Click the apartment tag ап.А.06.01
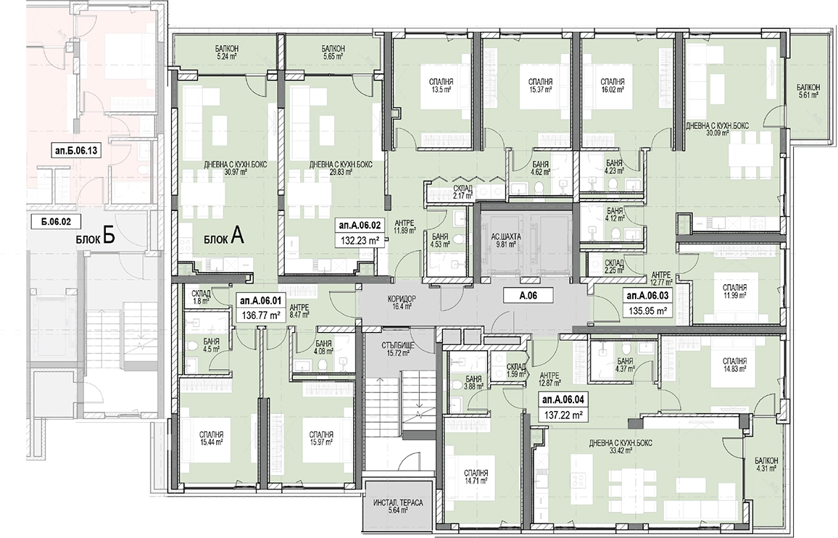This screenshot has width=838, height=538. tap(261, 301)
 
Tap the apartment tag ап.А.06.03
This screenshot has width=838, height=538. tap(647, 295)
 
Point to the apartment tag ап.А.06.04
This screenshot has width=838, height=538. tap(563, 400)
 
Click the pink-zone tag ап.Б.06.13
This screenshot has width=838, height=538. tap(75, 151)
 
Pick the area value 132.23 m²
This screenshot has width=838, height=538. tap(360, 241)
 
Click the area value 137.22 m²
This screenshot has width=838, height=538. tap(563, 415)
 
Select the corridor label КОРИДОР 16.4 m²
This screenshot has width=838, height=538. tap(403, 302)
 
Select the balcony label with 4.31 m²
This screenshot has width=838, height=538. tap(766, 464)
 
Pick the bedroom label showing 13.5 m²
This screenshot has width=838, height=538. tap(441, 86)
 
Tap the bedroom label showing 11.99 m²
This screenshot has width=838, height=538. tap(734, 291)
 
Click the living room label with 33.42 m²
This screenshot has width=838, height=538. tap(621, 447)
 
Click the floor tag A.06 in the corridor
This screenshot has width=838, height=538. tap(528, 294)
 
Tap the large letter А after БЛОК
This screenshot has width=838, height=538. tap(238, 236)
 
